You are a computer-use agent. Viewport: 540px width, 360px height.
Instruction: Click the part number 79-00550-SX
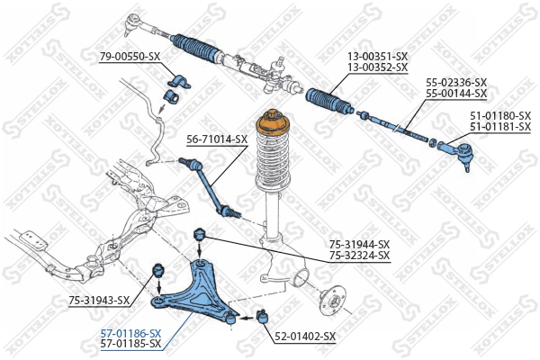tap(130, 57)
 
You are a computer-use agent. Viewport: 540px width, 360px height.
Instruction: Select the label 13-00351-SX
tap(378, 57)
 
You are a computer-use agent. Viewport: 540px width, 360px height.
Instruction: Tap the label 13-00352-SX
tap(378, 67)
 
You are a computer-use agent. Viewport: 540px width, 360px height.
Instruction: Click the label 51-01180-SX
tap(499, 116)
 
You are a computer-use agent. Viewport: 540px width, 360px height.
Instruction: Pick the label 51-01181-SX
tap(499, 127)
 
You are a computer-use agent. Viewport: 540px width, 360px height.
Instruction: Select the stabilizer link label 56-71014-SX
tap(217, 139)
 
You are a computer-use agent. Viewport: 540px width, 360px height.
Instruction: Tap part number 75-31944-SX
tap(358, 245)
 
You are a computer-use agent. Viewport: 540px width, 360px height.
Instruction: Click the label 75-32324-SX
tap(358, 256)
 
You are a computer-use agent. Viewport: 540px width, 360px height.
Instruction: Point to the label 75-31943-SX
tap(99, 301)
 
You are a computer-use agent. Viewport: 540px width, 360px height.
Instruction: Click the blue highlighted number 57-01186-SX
tap(130, 332)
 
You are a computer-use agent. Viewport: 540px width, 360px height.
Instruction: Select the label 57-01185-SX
tap(130, 343)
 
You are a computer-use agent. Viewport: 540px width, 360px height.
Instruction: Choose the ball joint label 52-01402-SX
tap(305, 337)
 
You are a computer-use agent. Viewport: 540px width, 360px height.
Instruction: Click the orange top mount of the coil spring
tap(271, 123)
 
